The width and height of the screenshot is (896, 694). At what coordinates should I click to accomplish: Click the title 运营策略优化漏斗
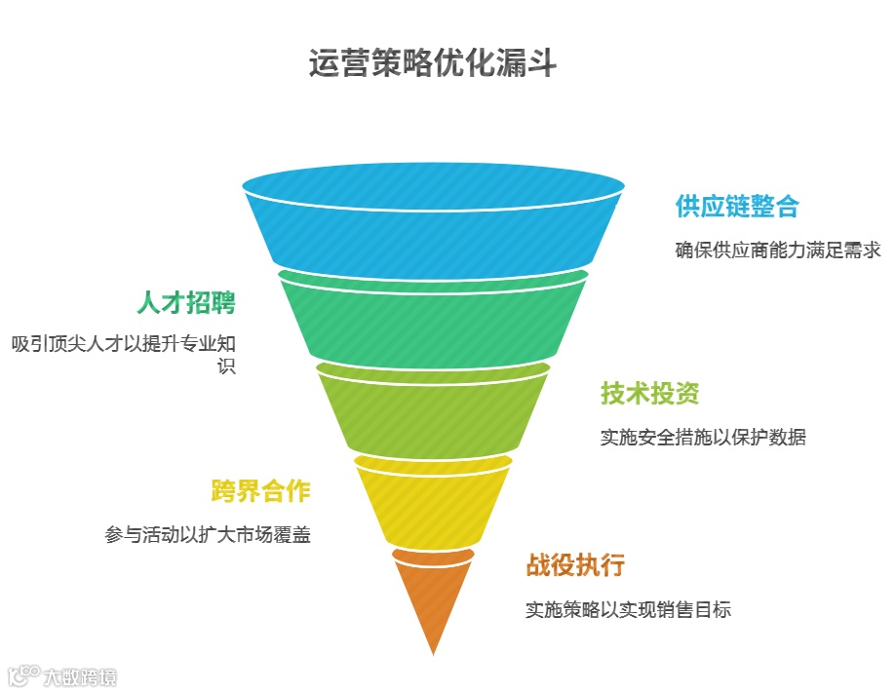(433, 64)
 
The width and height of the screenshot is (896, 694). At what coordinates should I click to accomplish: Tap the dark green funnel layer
(433, 317)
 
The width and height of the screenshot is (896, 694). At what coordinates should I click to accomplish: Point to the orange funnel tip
(433, 595)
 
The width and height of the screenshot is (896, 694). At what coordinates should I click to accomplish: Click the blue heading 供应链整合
(737, 207)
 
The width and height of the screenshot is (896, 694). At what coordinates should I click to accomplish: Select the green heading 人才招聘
(186, 302)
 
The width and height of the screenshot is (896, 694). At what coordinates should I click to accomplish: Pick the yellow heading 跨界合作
(260, 490)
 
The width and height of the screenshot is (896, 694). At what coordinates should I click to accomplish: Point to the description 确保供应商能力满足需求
(778, 251)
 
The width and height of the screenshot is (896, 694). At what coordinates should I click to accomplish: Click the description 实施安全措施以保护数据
(703, 437)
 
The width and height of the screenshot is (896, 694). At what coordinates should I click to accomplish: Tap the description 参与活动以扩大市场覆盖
(208, 534)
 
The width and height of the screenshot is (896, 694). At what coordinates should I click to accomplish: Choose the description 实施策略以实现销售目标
(628, 610)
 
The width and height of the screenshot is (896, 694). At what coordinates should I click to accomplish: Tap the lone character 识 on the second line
(226, 366)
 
